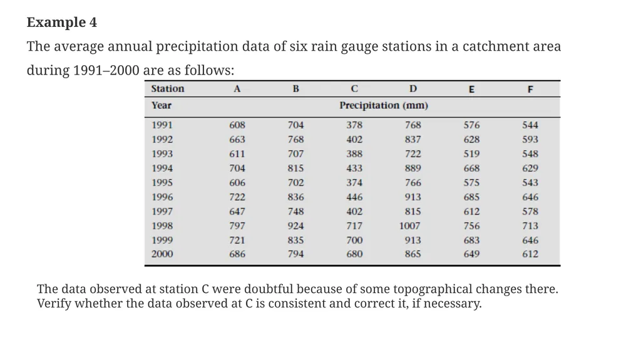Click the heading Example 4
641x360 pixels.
(62, 22)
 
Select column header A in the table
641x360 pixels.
(237, 89)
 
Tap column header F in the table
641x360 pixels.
(530, 89)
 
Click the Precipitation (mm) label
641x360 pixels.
(384, 106)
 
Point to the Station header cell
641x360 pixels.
(168, 89)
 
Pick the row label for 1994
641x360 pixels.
(162, 168)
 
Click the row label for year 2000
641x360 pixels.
(162, 254)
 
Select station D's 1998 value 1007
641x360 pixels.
(409, 226)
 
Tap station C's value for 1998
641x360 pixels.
(354, 226)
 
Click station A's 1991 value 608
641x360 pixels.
(237, 125)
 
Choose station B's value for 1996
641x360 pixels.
(295, 197)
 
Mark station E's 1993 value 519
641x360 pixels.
(471, 154)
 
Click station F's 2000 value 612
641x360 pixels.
(530, 254)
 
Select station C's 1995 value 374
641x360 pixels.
(354, 183)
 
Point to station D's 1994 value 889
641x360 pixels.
(413, 168)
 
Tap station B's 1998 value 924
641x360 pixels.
(295, 226)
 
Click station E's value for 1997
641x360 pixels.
(471, 212)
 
